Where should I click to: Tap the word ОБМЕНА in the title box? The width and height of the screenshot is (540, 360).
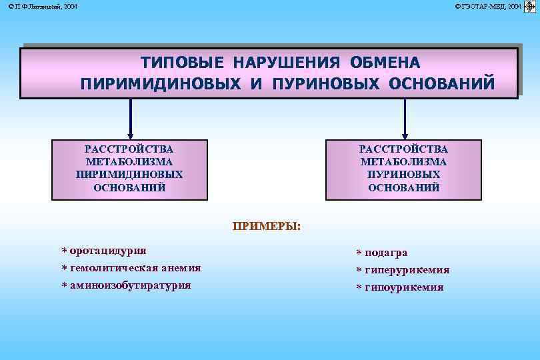point(385,63)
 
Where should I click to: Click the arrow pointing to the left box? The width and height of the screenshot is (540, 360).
point(130,120)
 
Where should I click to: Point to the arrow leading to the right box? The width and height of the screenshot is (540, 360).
point(405,120)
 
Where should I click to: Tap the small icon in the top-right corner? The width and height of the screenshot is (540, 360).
point(531,6)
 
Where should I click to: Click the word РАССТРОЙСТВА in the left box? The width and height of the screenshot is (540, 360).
point(129,149)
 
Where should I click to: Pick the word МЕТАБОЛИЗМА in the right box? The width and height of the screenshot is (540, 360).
point(403,162)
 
